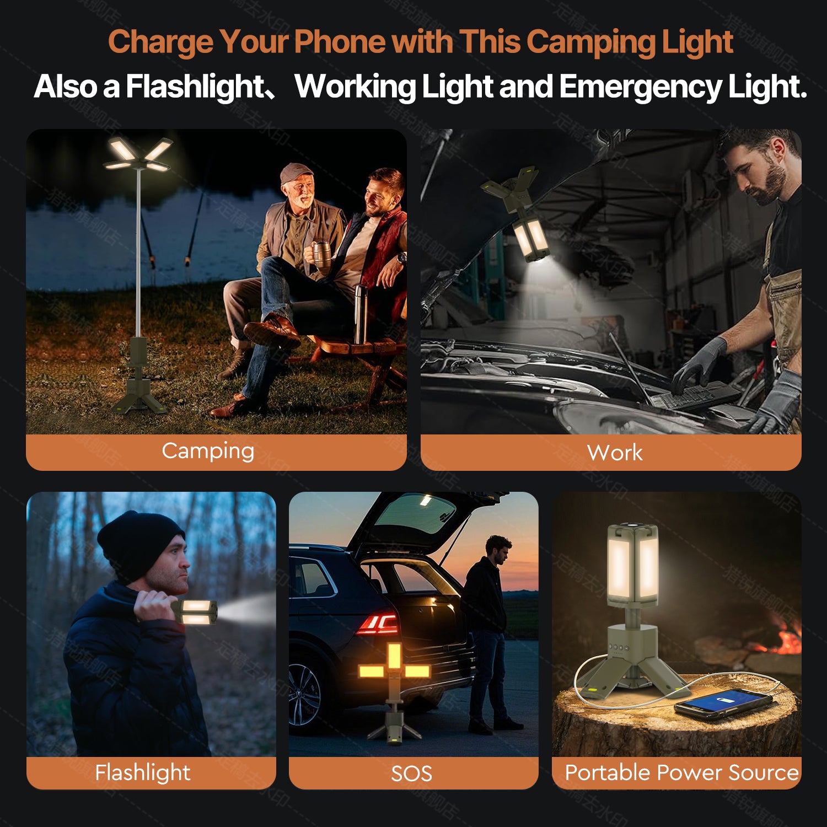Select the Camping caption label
(208, 451)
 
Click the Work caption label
(615, 453)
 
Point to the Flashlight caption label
(142, 772)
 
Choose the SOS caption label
(411, 774)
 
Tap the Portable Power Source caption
(681, 772)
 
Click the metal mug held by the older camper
(321, 253)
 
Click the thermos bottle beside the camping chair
(361, 313)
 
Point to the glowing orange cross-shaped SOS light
(394, 667)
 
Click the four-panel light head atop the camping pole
(138, 154)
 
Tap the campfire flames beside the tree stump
(786, 640)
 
